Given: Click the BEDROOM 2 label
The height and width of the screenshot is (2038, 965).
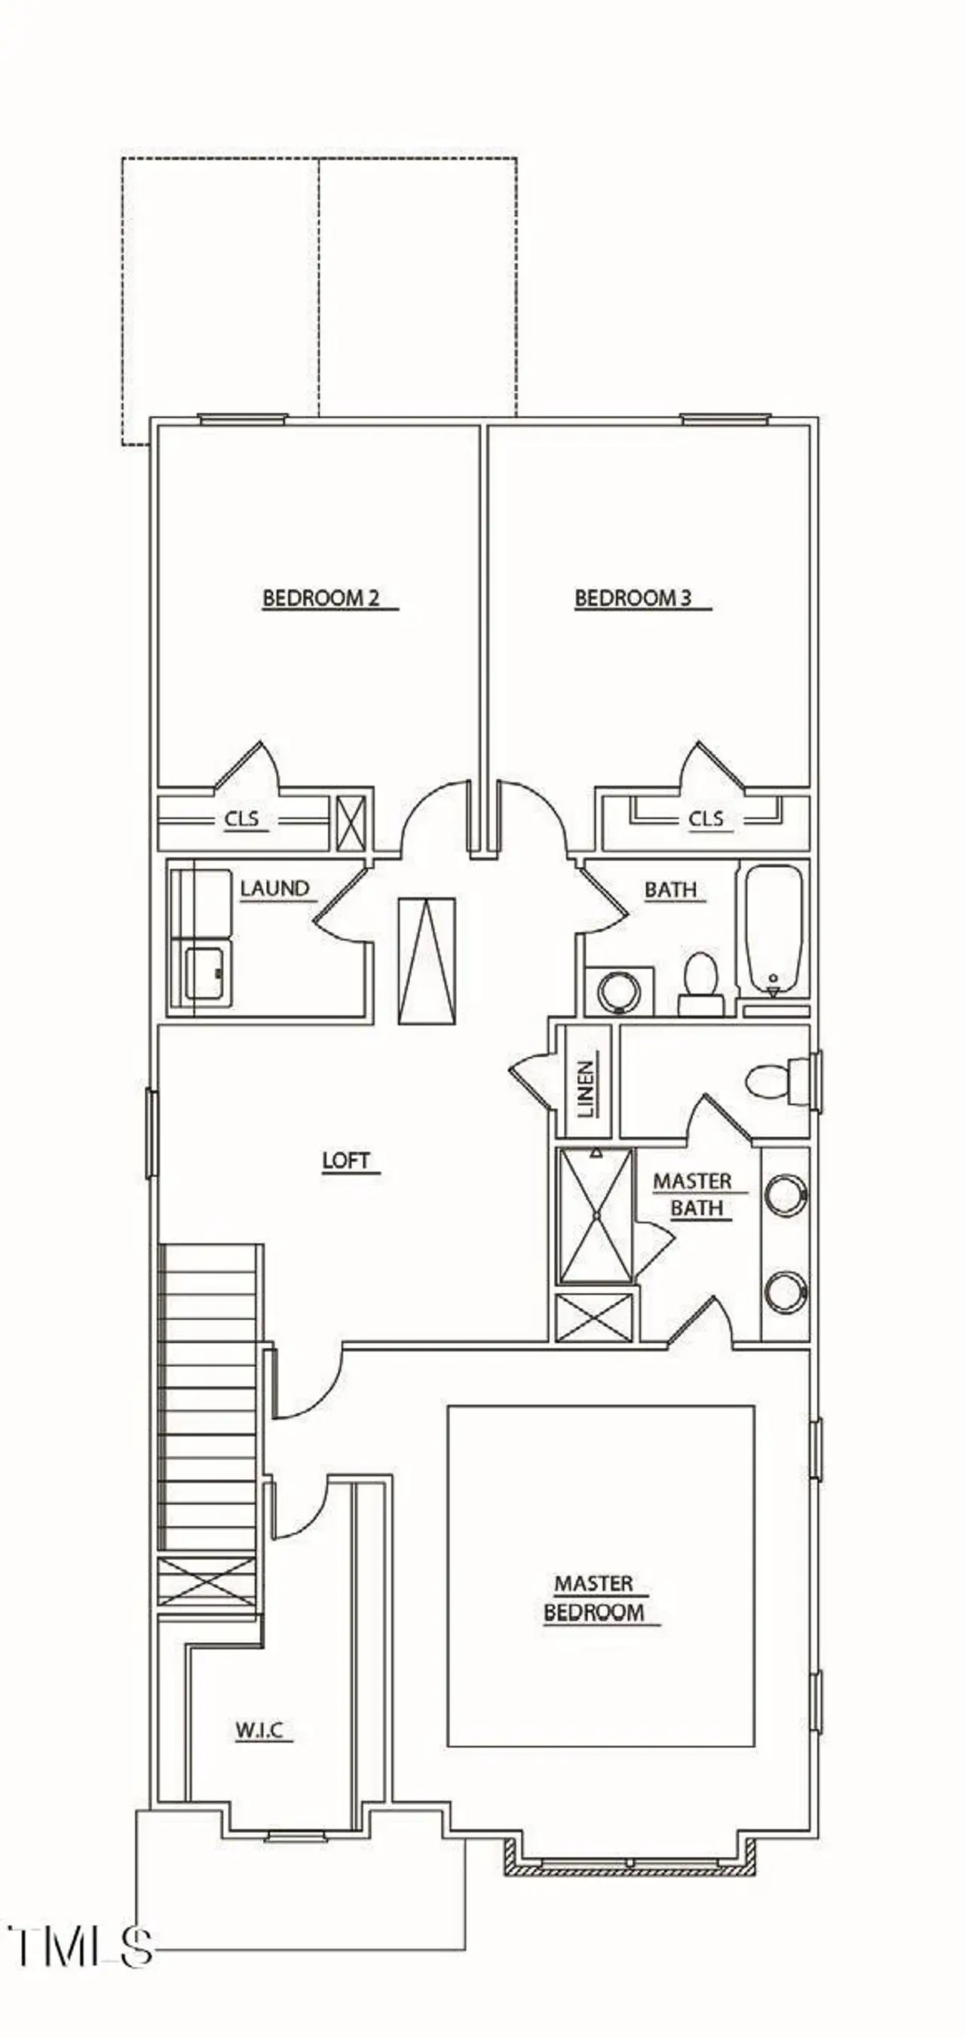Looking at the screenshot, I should [321, 598].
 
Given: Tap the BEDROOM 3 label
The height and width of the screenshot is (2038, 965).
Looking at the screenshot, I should [633, 598].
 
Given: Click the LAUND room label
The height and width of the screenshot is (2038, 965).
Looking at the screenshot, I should [274, 888].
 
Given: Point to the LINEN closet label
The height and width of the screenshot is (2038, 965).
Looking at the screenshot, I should [585, 1089].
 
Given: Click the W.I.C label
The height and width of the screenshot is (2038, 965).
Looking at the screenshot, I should [259, 1730].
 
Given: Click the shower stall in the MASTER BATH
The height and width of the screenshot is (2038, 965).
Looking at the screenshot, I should [596, 1215].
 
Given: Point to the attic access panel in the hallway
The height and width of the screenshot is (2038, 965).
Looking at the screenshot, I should [427, 961].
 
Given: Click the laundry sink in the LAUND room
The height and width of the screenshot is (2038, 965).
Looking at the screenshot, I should [208, 974].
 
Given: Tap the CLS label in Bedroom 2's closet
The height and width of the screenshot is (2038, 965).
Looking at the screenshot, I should [242, 819].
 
